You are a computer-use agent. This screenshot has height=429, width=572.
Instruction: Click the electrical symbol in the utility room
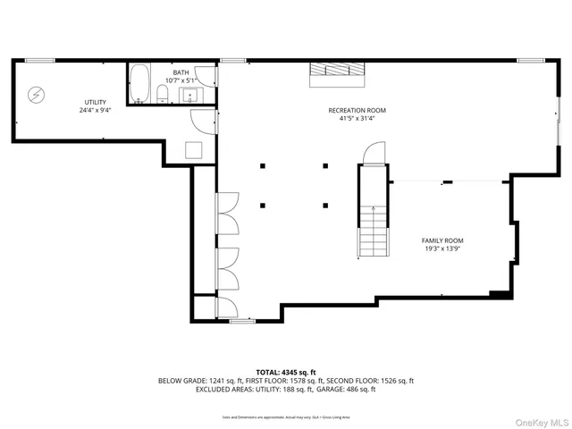pos(37,92)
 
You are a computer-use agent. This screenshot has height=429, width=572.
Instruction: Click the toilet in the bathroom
pos(164,92)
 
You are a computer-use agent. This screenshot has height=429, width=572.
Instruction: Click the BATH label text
pos(181,72)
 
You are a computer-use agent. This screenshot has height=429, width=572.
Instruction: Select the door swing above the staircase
pos(374,154)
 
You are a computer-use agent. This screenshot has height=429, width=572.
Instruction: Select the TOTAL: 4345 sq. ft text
pos(286,372)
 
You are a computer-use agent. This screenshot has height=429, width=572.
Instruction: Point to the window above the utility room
pos(39,60)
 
